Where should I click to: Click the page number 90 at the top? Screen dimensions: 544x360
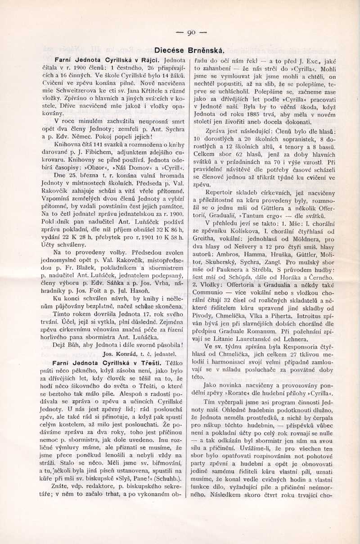coord(191,32)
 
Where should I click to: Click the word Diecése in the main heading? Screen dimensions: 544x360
coord(168,50)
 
